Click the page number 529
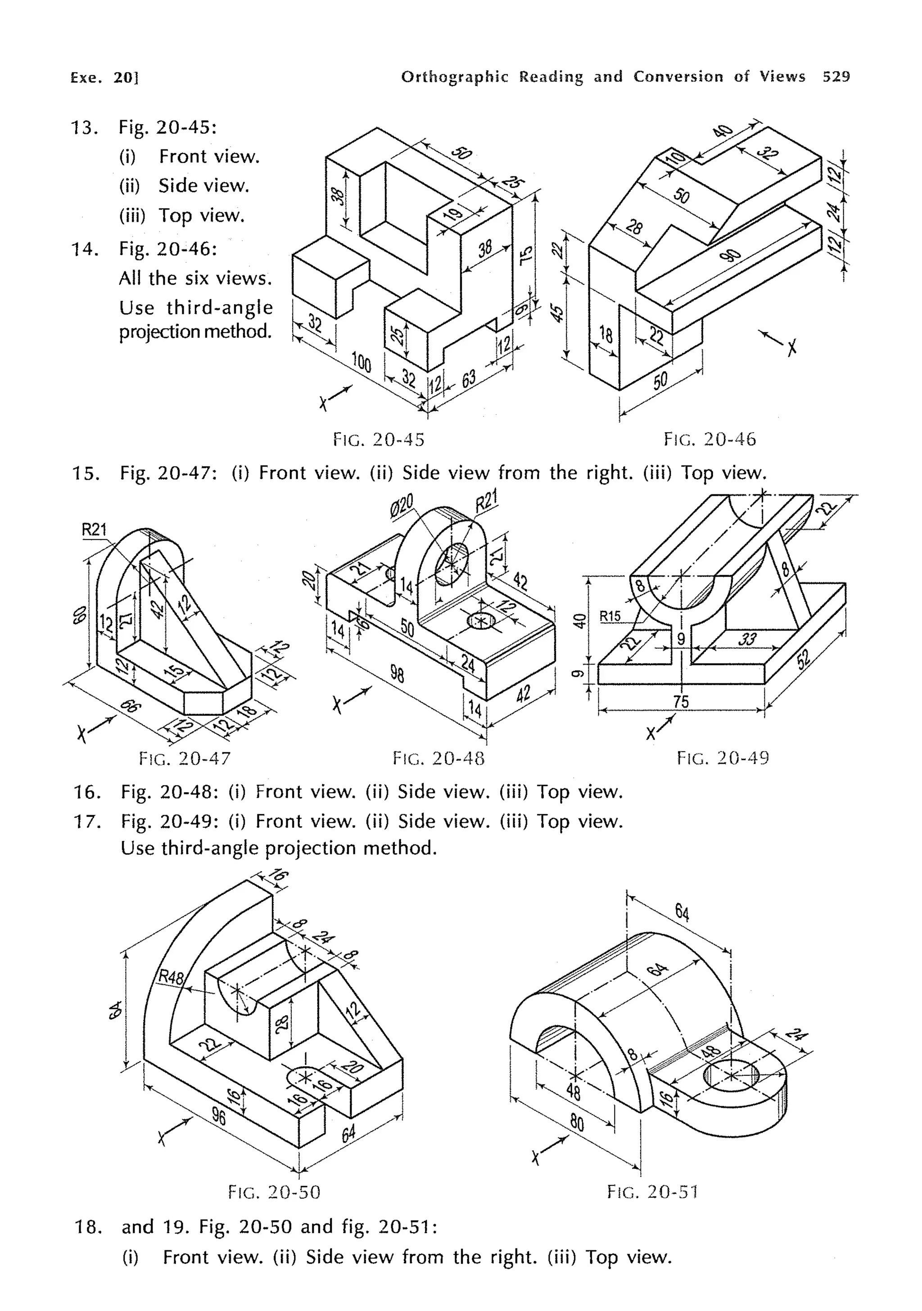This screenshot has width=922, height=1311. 836,76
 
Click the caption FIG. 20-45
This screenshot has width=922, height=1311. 379,440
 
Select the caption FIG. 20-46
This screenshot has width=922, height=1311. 710,439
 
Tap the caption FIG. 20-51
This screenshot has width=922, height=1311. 652,1192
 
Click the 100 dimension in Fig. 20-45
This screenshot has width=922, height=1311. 362,362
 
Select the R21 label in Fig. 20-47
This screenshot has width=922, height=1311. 94,530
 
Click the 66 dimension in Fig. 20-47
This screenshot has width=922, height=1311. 131,706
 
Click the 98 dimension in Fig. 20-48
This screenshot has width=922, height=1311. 397,674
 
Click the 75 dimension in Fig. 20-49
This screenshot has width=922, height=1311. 681,702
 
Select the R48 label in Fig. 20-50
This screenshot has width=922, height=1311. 171,977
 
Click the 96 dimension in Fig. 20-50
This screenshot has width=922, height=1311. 218,1115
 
